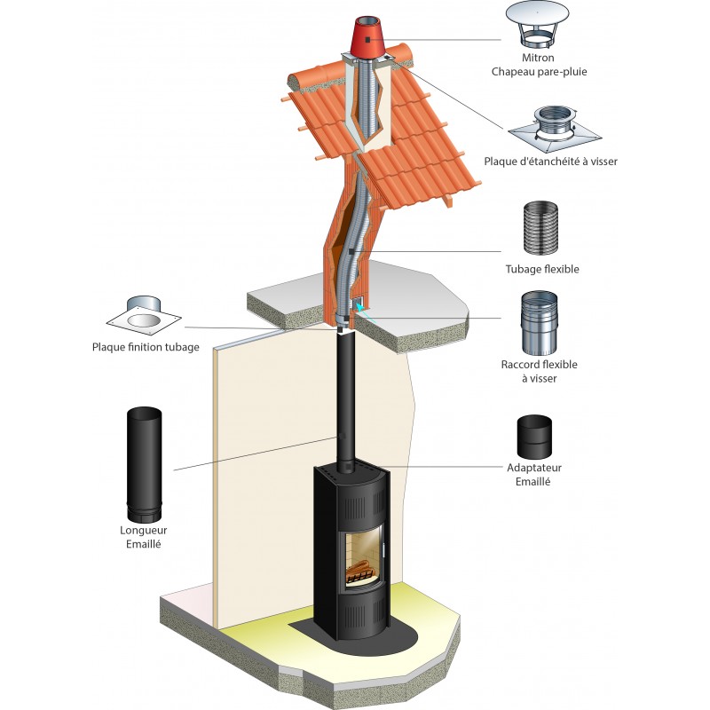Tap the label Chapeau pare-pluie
tap(540, 71)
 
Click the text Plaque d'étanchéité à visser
tap(551, 162)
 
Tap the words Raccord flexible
tap(539, 364)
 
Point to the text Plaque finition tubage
tap(146, 347)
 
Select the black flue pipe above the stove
tap(343, 399)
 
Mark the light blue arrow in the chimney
tap(360, 307)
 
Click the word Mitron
tap(540, 58)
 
